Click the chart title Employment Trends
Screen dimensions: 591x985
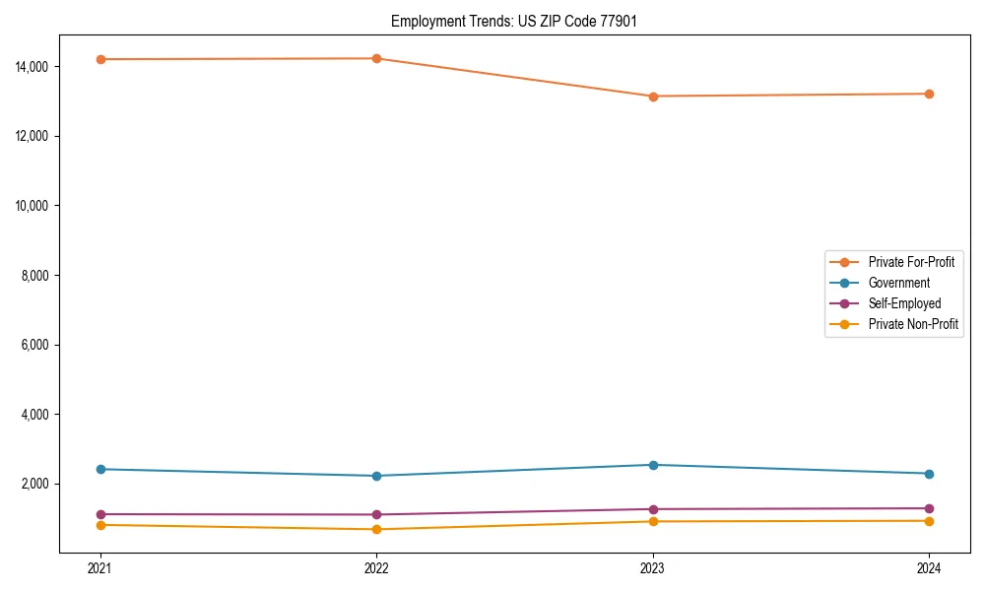[x=514, y=21]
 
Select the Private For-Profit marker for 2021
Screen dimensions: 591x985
[x=100, y=59]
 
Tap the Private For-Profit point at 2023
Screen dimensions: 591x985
[x=653, y=97]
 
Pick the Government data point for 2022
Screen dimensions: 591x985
[x=376, y=476]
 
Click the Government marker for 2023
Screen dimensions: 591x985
[x=653, y=465]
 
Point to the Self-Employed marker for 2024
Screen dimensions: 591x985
[x=929, y=508]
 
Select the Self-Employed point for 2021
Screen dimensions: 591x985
[x=100, y=514]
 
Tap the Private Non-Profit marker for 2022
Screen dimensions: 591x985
[x=376, y=530]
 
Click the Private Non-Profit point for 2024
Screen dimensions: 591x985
[x=929, y=521]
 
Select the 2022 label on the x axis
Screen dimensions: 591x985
[x=376, y=568]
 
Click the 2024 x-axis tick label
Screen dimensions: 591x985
[x=929, y=568]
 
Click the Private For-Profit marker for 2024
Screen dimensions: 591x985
[x=929, y=94]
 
